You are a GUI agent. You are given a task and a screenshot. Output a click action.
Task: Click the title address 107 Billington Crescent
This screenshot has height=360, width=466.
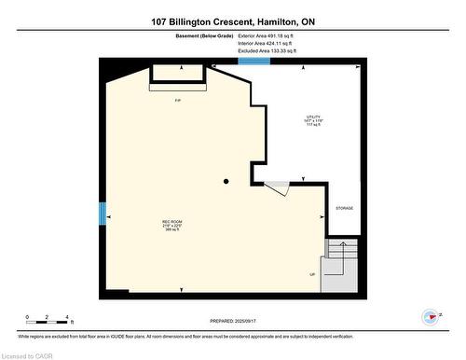[232, 21]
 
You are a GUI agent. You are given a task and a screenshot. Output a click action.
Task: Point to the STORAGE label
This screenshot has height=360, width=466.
[344, 208]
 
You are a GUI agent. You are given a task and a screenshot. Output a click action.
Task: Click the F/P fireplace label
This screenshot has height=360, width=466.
[177, 100]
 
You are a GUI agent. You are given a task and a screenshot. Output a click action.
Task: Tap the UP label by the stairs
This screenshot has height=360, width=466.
[312, 273]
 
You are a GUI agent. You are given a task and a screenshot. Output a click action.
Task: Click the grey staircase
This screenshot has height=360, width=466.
[340, 263]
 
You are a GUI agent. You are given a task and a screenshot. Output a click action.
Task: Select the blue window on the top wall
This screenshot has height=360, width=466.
[254, 62]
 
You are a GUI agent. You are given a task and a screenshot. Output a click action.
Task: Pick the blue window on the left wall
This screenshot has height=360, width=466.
[102, 213]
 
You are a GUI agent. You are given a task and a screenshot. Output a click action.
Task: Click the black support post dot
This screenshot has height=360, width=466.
[226, 181]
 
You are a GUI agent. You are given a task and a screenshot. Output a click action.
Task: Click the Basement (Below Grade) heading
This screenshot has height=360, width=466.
[196, 36]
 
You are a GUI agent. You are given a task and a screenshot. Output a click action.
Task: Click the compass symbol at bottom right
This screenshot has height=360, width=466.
[430, 318]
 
